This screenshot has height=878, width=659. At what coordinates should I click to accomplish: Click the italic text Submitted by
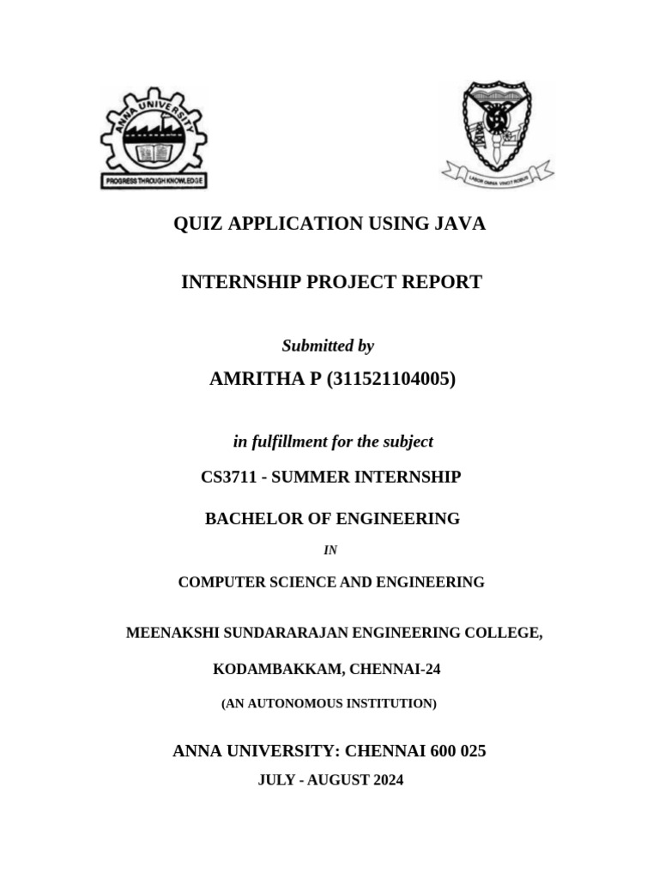coord(328,346)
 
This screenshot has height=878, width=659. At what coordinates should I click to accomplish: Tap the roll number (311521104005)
coord(390,379)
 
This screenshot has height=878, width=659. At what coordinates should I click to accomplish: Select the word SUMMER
coord(307,477)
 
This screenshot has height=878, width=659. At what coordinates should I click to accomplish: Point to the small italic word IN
coord(330,550)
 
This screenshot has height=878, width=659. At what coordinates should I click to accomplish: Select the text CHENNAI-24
coord(395,668)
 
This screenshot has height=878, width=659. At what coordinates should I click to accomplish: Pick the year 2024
coord(387,780)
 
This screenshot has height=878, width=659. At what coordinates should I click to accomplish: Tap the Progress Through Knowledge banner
coord(154,182)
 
